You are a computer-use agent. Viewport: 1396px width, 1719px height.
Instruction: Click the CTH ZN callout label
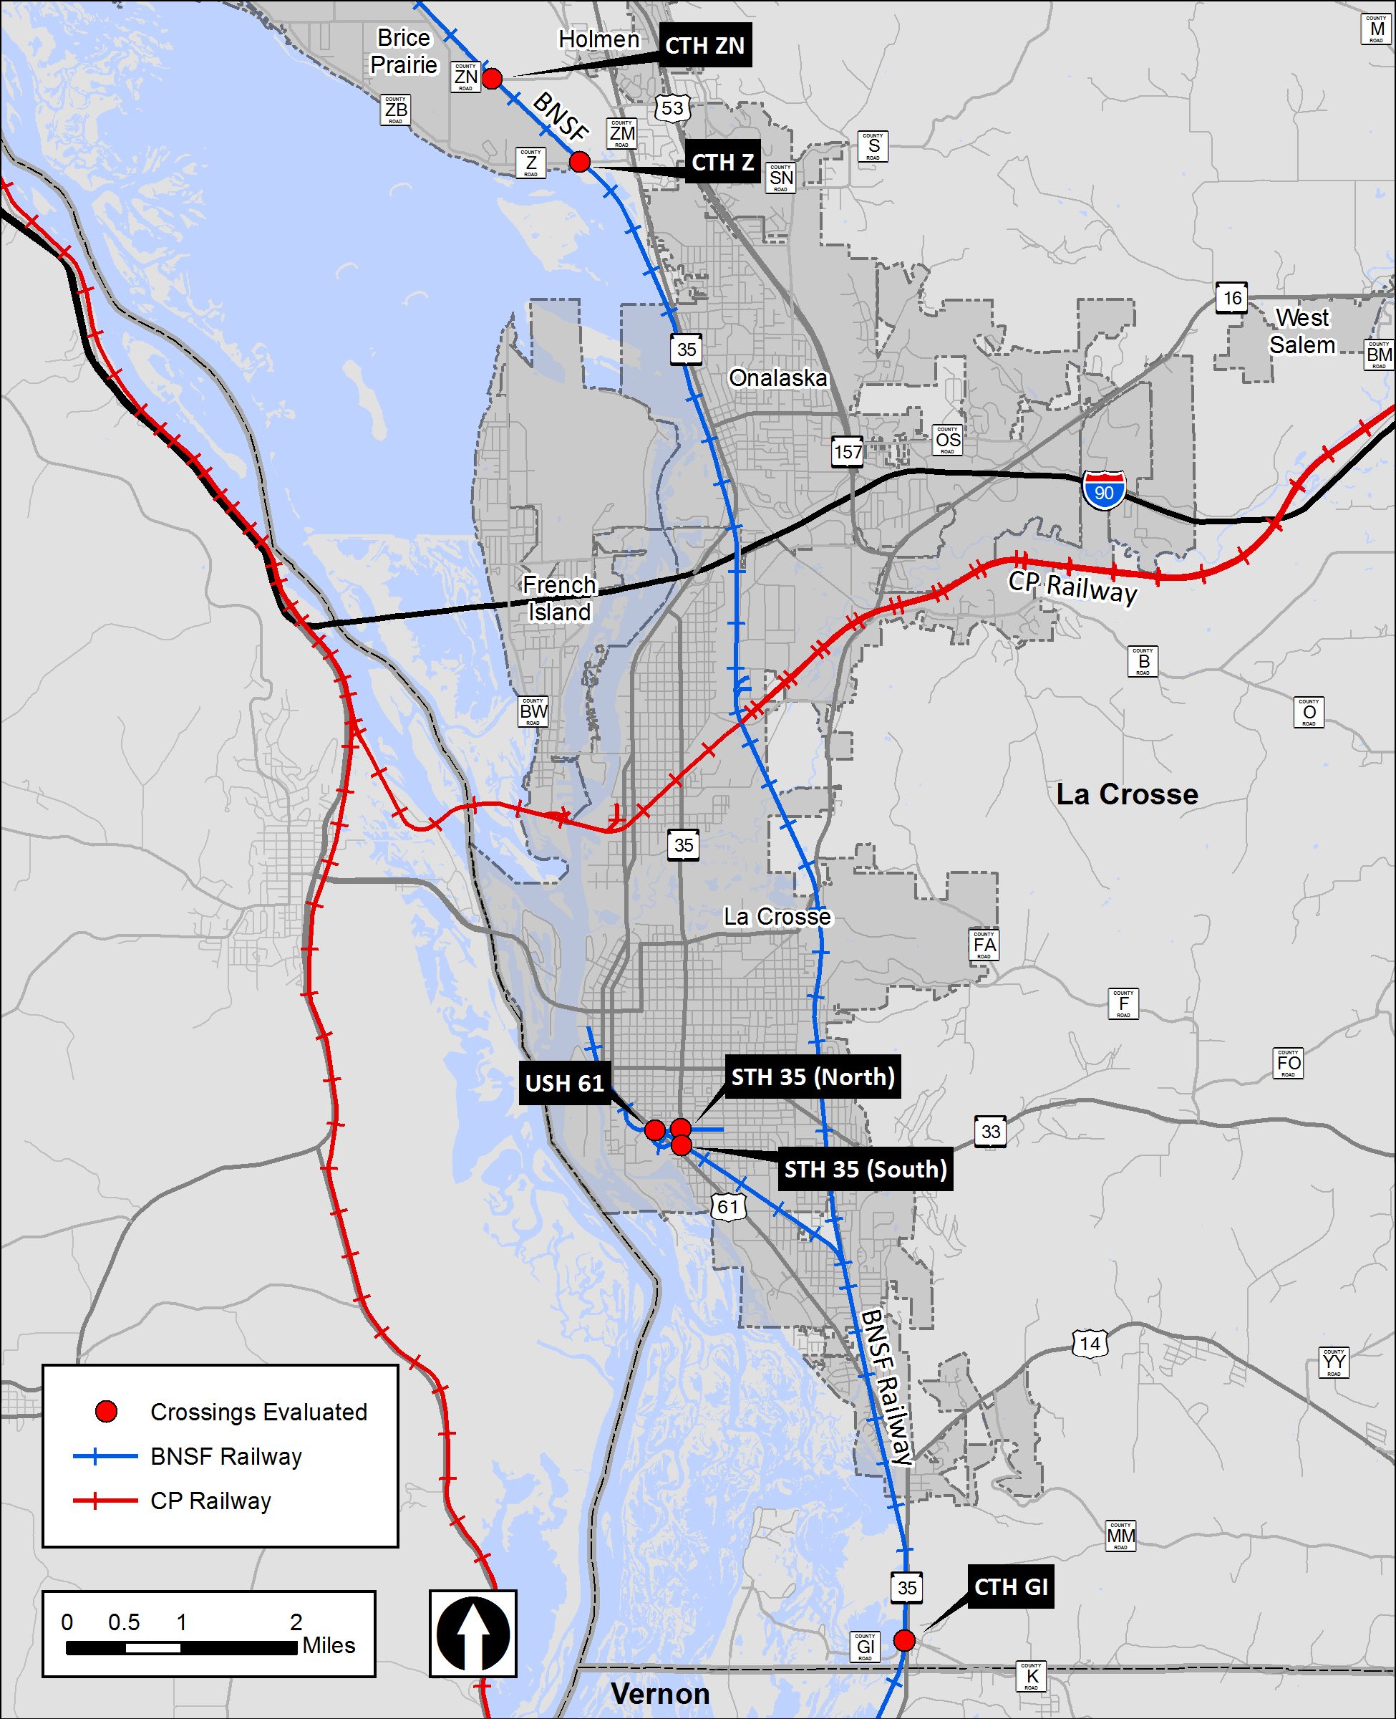(x=705, y=46)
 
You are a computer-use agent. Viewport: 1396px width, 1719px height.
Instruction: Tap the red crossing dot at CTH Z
(x=580, y=163)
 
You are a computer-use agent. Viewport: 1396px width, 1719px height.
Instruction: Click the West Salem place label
(x=1302, y=332)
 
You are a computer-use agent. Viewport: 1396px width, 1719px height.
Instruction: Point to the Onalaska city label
(x=777, y=378)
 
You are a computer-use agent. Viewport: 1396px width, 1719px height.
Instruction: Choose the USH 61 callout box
(x=565, y=1084)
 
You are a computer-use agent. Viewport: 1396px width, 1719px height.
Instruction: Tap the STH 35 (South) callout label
(x=866, y=1170)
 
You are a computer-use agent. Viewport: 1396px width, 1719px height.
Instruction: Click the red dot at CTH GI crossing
(x=905, y=1640)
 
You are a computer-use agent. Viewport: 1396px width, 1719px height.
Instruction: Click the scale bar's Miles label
(x=329, y=1646)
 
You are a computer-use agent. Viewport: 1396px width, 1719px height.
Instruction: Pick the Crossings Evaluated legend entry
(x=258, y=1412)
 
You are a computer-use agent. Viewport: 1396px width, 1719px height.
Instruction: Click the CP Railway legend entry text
(x=210, y=1501)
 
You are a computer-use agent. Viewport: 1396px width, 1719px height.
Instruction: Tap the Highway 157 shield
(x=848, y=452)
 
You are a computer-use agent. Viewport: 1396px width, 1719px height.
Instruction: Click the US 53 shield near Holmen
(x=672, y=107)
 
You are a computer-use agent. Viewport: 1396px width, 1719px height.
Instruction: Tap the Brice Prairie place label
(x=404, y=52)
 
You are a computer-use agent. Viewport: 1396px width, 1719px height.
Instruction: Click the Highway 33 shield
(x=991, y=1132)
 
